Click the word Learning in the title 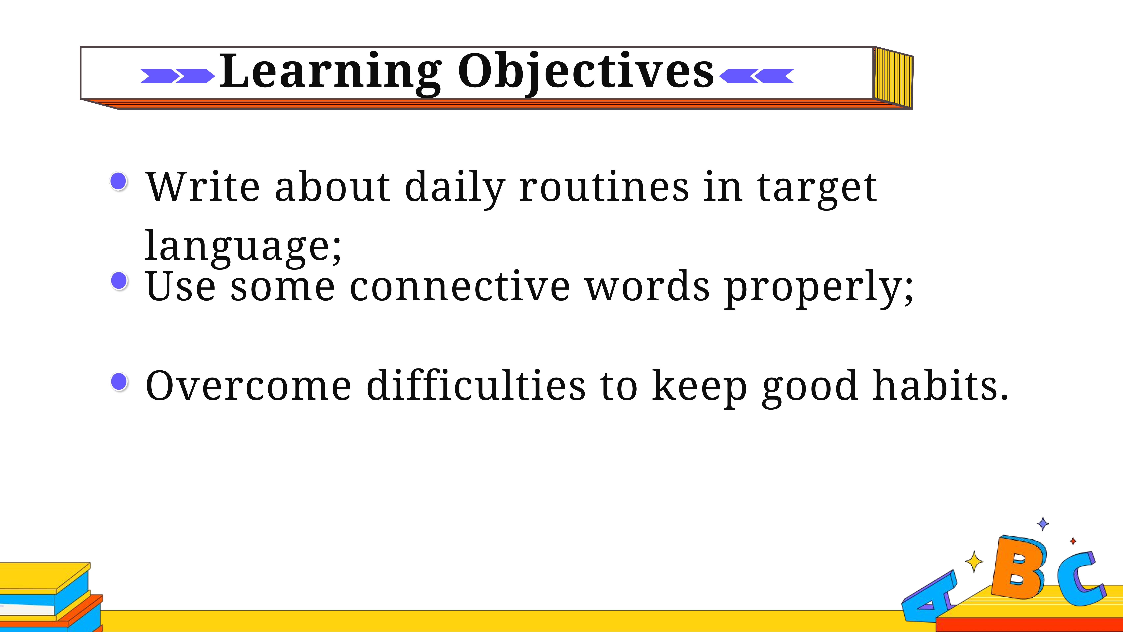(x=330, y=73)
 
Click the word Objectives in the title (x=586, y=73)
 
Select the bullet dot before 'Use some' (x=119, y=280)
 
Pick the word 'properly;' (x=818, y=288)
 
